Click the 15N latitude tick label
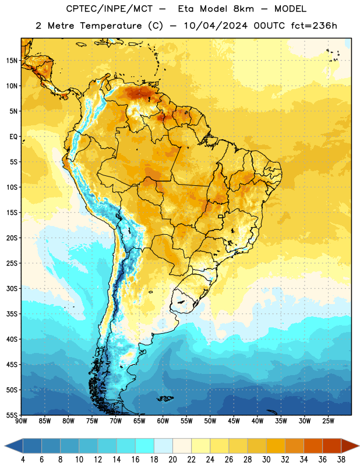pyautogui.click(x=12, y=61)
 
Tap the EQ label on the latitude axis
pyautogui.click(x=13, y=137)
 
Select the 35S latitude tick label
pyautogui.click(x=12, y=314)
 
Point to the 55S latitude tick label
pyautogui.click(x=12, y=415)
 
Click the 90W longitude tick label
pyautogui.click(x=22, y=421)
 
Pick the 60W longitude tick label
pyautogui.click(x=163, y=421)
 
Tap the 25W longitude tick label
pyautogui.click(x=328, y=421)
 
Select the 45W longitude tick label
pyautogui.click(x=234, y=421)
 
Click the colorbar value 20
pyautogui.click(x=172, y=460)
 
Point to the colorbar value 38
pyautogui.click(x=341, y=460)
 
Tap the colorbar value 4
pyautogui.click(x=23, y=460)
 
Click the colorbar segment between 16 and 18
pyautogui.click(x=144, y=446)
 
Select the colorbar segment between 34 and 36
pyautogui.click(x=313, y=446)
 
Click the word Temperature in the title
pyautogui.click(x=111, y=26)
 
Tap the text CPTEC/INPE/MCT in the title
pyautogui.click(x=109, y=9)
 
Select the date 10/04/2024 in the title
pyautogui.click(x=216, y=26)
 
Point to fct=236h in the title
pyautogui.click(x=314, y=26)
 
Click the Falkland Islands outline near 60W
pyautogui.click(x=165, y=398)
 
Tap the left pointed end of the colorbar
pyautogui.click(x=5, y=446)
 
